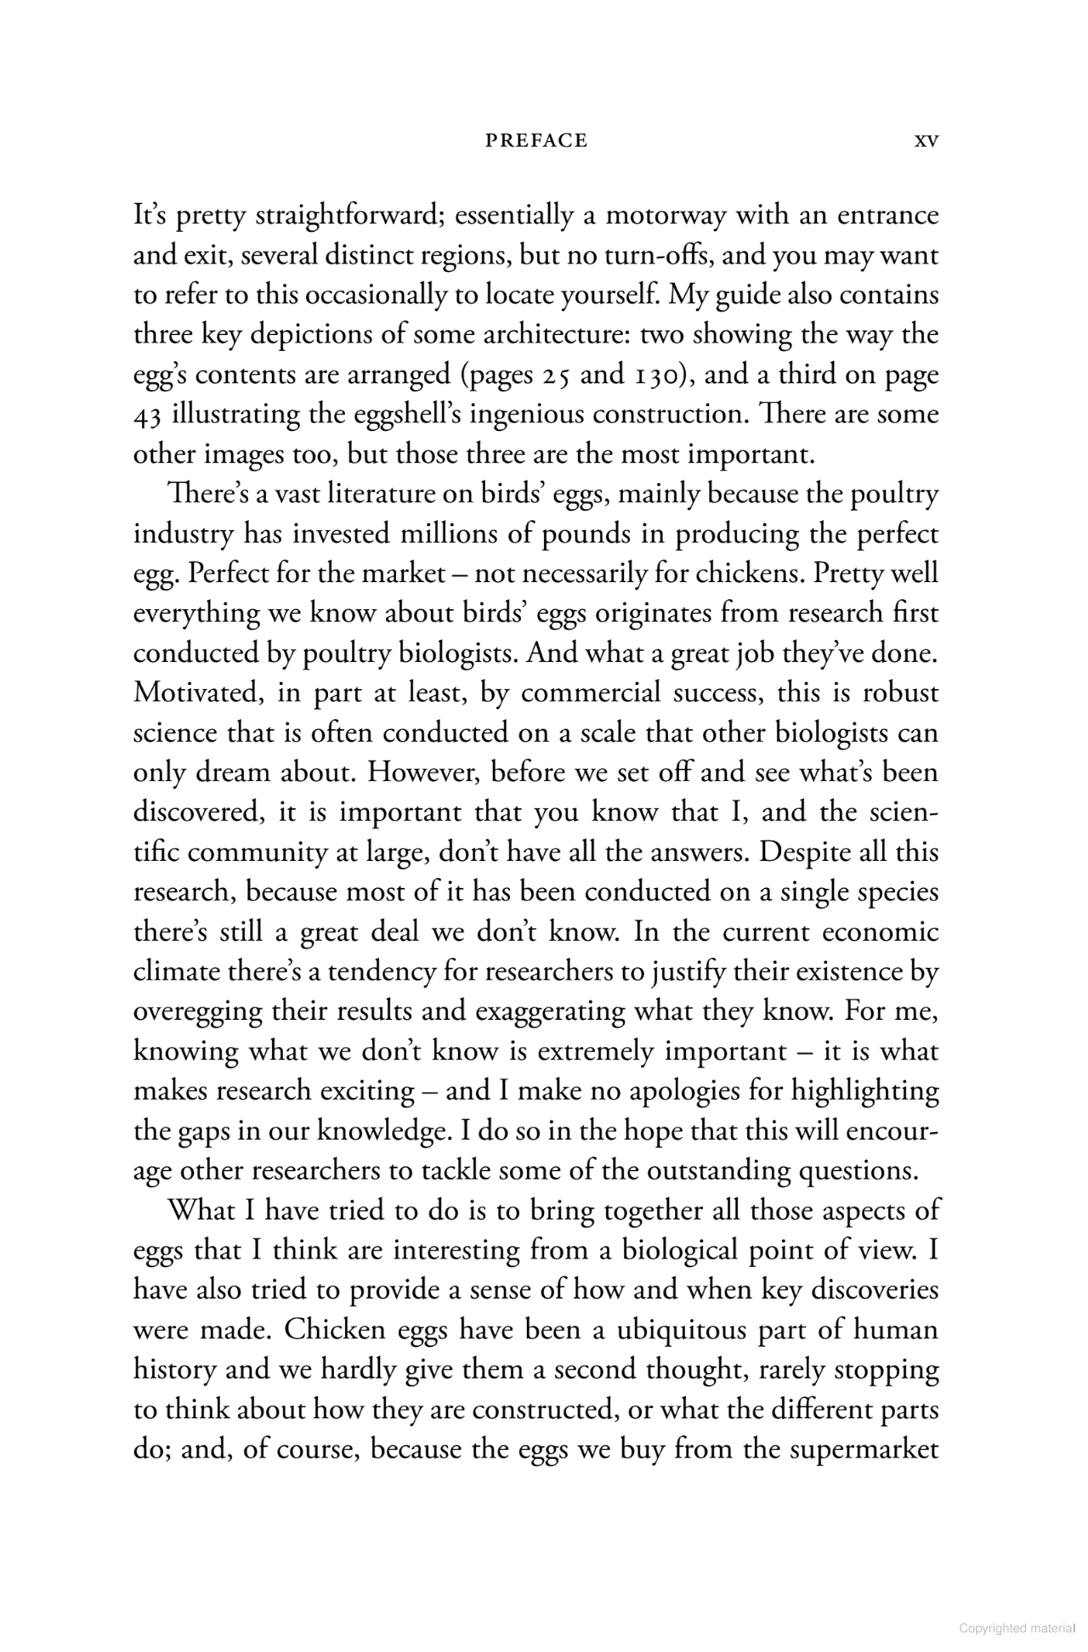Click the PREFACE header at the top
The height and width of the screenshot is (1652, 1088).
point(535,141)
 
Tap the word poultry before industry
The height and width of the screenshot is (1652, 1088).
point(890,495)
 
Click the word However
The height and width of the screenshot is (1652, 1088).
point(424,773)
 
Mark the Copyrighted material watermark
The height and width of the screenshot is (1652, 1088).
point(1017,1628)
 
